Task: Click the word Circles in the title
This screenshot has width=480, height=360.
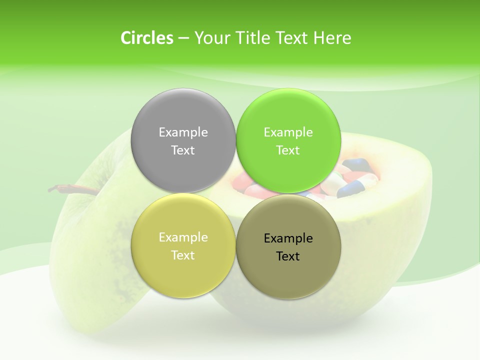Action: click(147, 38)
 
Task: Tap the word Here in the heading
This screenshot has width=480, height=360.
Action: click(332, 38)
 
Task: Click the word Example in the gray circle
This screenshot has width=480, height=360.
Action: click(183, 132)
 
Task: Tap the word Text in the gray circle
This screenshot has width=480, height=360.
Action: click(183, 150)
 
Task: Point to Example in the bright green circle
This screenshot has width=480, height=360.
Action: click(288, 132)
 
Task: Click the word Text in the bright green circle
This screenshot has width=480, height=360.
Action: click(288, 150)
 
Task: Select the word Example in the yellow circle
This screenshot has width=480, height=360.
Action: click(183, 237)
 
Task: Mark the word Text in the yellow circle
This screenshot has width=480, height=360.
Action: click(183, 255)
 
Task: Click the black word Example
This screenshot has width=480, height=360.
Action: click(288, 238)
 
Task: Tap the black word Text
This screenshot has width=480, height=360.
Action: click(288, 256)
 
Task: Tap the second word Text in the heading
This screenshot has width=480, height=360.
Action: click(291, 38)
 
